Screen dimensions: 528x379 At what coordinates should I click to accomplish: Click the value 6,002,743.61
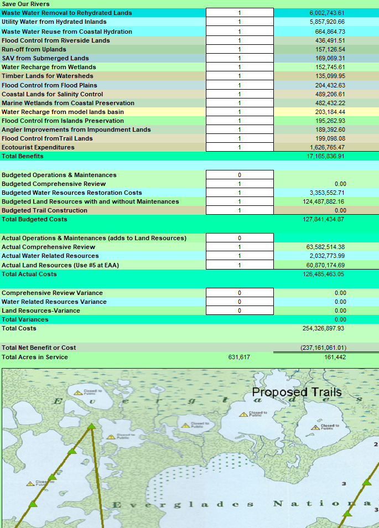pyautogui.click(x=326, y=13)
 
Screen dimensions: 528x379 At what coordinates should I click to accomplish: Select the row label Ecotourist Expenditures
pyautogui.click(x=38, y=147)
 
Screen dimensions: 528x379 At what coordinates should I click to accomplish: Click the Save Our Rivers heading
pyautogui.click(x=25, y=4)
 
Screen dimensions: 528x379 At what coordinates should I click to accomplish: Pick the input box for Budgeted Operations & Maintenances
pyautogui.click(x=240, y=175)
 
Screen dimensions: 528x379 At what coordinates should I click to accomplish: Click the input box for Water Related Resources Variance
pyautogui.click(x=240, y=302)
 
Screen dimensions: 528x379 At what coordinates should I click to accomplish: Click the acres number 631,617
pyautogui.click(x=239, y=357)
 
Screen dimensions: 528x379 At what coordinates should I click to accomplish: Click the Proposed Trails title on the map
pyautogui.click(x=297, y=392)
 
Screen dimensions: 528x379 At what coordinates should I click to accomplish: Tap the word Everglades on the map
pyautogui.click(x=183, y=504)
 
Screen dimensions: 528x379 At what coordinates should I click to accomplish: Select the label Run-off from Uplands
pyautogui.click(x=34, y=49)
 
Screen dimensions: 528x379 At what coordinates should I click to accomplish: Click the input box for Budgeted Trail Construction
pyautogui.click(x=240, y=210)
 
